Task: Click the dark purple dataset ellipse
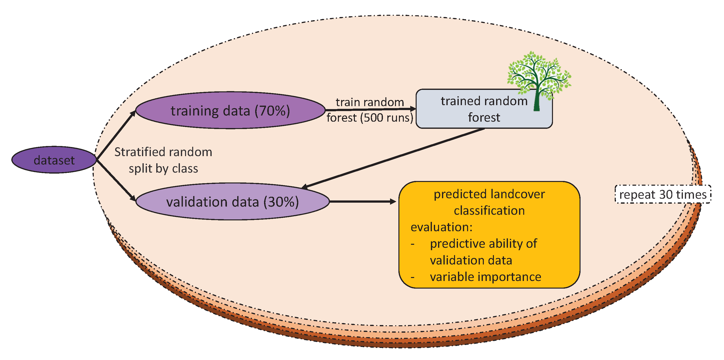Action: [54, 160]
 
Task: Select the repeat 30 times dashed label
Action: [662, 194]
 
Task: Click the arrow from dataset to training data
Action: [116, 135]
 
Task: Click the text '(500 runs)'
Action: [387, 117]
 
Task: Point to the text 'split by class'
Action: [163, 168]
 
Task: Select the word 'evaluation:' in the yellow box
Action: [441, 227]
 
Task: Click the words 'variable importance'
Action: [485, 277]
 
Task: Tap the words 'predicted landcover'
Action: [489, 194]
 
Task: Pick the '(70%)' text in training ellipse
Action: [272, 111]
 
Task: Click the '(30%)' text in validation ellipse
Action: [281, 202]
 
